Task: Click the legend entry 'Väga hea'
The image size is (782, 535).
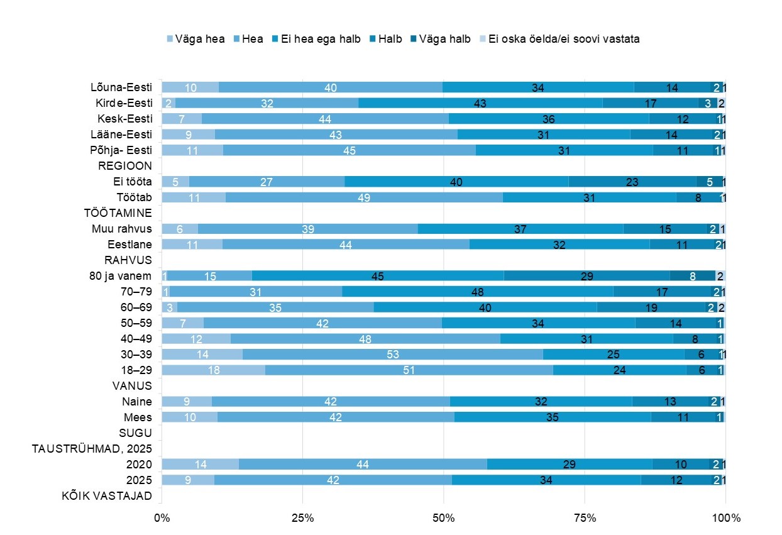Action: (196, 39)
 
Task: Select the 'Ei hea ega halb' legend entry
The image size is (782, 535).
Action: (316, 39)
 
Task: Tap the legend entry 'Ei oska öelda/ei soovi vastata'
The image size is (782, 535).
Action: (560, 39)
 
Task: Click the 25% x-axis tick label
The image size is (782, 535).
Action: (302, 518)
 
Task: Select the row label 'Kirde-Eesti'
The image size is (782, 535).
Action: (124, 103)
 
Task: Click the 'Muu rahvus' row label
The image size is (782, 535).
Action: (122, 229)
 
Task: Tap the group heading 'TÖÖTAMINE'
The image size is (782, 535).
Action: (118, 213)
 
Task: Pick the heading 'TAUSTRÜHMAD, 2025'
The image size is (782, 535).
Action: (92, 449)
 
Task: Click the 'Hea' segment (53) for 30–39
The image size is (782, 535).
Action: (393, 355)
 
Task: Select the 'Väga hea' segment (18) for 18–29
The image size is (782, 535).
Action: (213, 370)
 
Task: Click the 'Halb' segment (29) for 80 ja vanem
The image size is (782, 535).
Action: (587, 276)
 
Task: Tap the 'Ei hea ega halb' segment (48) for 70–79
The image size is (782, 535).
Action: (478, 292)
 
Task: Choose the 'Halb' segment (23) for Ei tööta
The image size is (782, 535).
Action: (632, 182)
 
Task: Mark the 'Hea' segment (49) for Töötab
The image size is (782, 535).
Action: (364, 197)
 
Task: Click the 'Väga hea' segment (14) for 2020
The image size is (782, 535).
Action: (201, 465)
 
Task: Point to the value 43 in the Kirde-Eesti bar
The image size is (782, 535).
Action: (480, 103)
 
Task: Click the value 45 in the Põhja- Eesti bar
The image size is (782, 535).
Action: (349, 150)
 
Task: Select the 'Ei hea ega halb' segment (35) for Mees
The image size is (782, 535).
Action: (553, 417)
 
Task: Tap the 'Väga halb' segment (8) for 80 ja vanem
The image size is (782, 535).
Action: (693, 276)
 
